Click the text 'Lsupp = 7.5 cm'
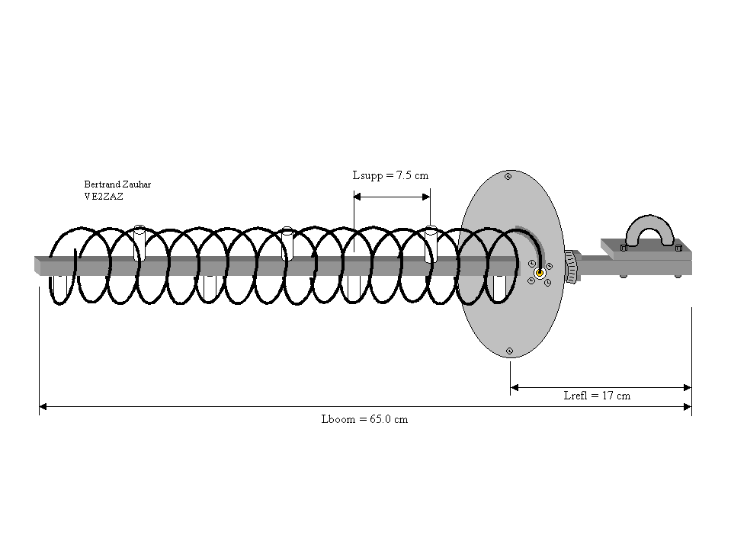coord(390,175)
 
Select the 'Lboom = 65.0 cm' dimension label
coord(364,420)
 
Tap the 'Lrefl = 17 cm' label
coord(596,396)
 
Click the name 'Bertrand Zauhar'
coord(117,184)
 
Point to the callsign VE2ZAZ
coord(104,196)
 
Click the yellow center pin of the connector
coord(540,273)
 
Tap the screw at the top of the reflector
coord(508,177)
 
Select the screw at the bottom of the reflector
coord(509,351)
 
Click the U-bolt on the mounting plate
coord(649,230)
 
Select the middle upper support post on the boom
coord(287,243)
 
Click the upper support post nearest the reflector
coord(431,243)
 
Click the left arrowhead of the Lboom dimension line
coord(43,408)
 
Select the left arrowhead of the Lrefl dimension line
coord(515,387)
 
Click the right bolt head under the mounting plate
coord(678,275)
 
